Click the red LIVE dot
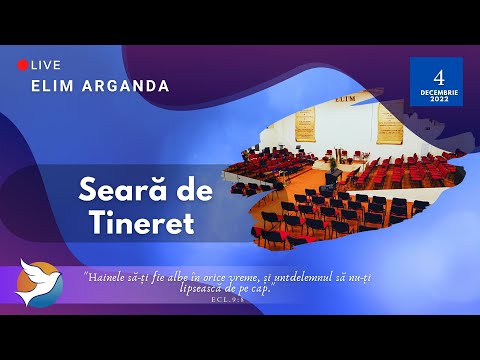tap(23, 65)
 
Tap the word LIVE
tap(46, 65)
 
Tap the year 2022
tap(436, 98)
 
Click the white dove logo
tap(40, 281)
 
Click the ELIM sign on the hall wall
tap(345, 100)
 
